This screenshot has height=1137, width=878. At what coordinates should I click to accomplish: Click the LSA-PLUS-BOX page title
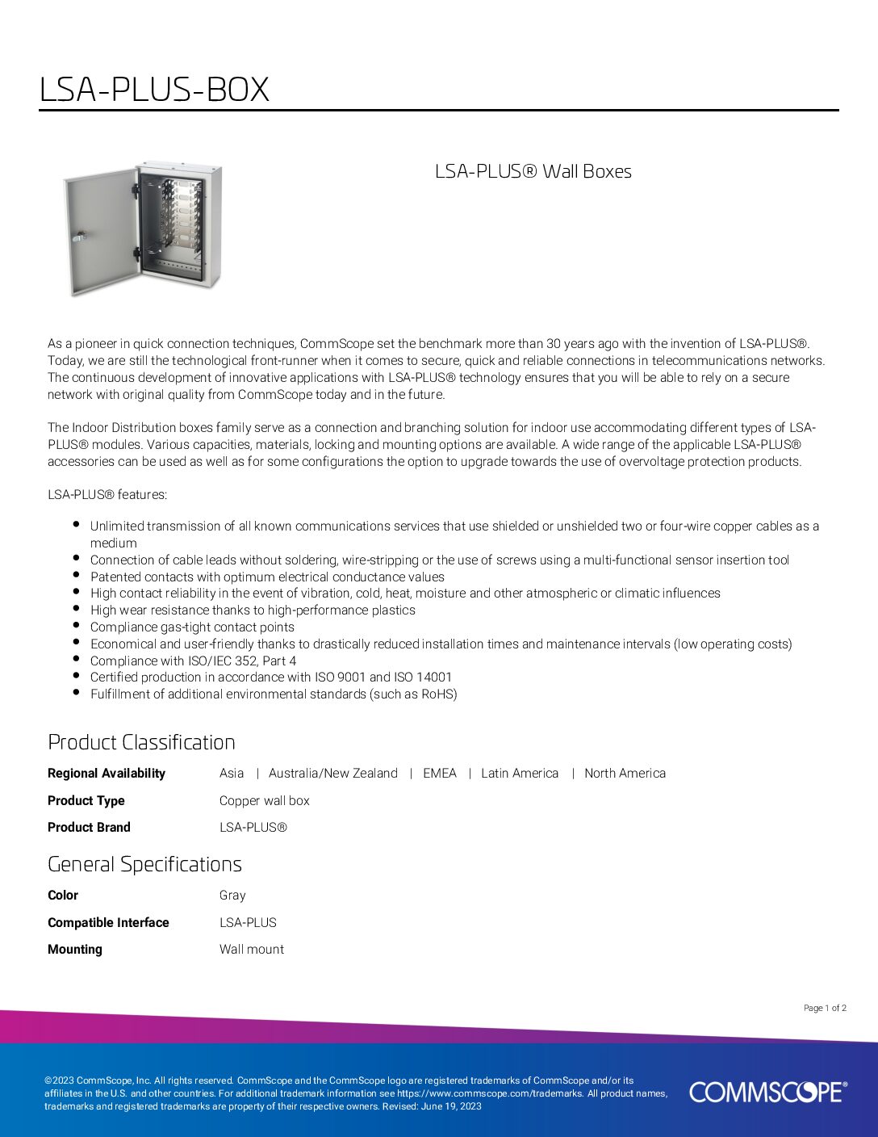(x=154, y=89)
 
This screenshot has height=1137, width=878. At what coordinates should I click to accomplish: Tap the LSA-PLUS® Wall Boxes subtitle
(x=533, y=171)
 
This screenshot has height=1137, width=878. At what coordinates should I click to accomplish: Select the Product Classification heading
(x=141, y=742)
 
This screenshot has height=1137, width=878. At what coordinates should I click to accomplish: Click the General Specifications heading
(x=144, y=864)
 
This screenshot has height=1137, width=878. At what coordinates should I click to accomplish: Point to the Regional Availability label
(x=107, y=773)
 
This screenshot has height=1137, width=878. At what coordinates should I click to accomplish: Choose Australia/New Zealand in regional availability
(x=332, y=773)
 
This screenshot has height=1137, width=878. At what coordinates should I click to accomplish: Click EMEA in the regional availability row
(x=440, y=773)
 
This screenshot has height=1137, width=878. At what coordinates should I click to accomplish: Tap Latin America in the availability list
(x=520, y=773)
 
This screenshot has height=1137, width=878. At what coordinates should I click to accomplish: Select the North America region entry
(x=625, y=773)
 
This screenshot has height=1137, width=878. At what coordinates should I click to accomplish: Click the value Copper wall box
(x=264, y=800)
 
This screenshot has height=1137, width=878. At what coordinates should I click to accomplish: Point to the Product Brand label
(x=89, y=827)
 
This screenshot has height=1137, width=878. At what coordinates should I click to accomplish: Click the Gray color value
(x=232, y=895)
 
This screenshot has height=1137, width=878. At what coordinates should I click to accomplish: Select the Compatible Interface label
(x=108, y=922)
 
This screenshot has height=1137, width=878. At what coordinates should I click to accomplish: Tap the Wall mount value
(x=251, y=949)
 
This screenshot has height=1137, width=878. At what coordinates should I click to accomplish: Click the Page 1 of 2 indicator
(x=825, y=1008)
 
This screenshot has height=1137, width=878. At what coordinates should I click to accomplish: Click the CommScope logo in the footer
(x=767, y=1092)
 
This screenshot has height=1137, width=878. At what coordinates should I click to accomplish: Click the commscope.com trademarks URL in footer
(x=489, y=1093)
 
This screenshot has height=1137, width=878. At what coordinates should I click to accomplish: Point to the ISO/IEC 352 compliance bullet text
(x=193, y=661)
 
